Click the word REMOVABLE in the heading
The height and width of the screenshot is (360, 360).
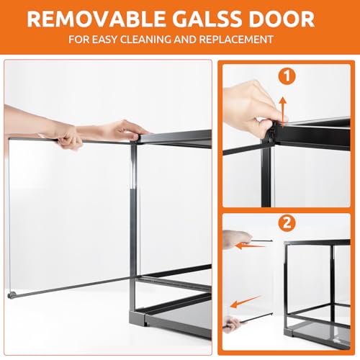coord(96,19)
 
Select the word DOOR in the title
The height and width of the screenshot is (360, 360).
coord(282,19)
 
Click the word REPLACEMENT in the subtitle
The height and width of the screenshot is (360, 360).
coord(236,40)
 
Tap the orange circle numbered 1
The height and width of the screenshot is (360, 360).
coord(287,76)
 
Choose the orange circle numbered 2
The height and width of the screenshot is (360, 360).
coord(287,222)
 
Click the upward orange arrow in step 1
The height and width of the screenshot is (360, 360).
coord(283,111)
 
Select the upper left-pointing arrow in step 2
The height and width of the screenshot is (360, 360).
coord(251,246)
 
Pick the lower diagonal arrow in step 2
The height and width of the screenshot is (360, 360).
coord(246,302)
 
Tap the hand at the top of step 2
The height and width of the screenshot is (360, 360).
coord(237,238)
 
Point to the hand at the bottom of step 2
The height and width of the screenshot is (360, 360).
coord(232,324)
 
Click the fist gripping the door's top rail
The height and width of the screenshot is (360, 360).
coord(66,137)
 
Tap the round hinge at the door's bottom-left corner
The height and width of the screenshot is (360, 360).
coord(12,295)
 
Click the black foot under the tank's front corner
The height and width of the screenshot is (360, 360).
coord(138,318)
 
